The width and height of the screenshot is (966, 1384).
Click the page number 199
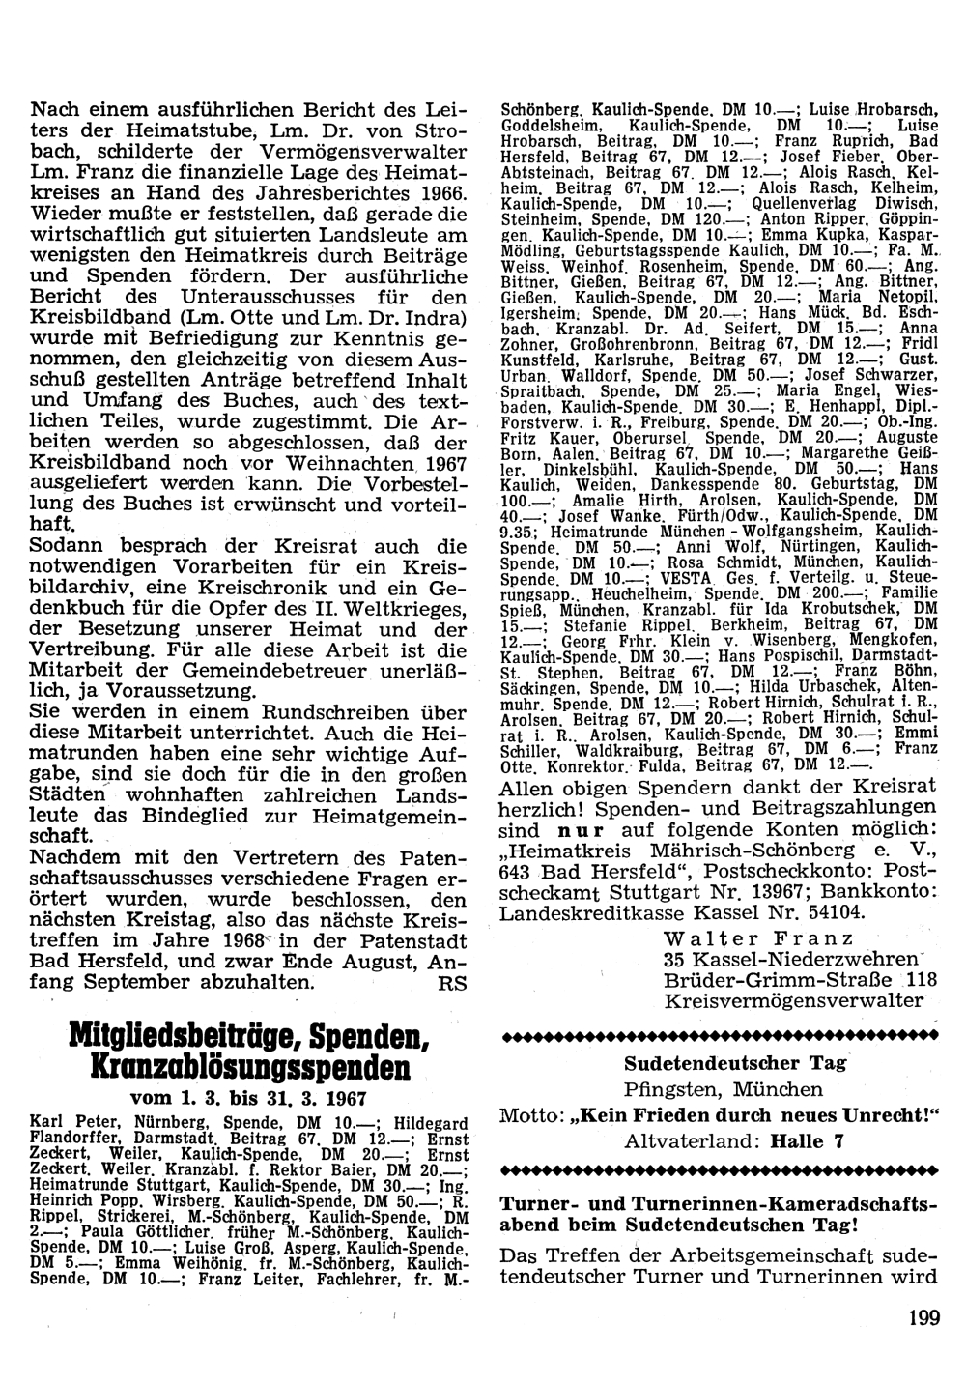923,1318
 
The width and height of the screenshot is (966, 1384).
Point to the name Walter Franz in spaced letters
759,937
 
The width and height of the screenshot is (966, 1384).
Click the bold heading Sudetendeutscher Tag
735,1064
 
